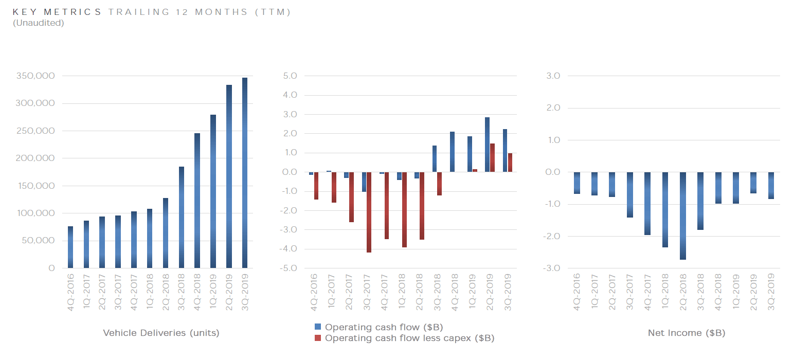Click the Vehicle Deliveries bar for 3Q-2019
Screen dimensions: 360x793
(245, 173)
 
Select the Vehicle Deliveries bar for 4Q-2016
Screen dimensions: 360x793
(70, 247)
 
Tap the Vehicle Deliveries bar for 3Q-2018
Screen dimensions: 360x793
(182, 218)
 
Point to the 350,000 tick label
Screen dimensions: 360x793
(37, 76)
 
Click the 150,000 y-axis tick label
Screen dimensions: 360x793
(37, 186)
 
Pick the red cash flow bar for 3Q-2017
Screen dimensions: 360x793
(369, 212)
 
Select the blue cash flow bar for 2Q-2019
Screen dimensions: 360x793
(487, 145)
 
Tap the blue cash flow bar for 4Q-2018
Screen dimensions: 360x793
(452, 152)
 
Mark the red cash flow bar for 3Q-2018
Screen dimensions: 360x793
(440, 184)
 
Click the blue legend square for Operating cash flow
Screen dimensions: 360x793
(318, 327)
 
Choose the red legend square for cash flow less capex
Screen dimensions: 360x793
(318, 338)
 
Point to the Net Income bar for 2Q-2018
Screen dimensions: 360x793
(682, 215)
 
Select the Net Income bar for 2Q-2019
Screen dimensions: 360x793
(753, 183)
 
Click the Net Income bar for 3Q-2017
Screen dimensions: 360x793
(630, 195)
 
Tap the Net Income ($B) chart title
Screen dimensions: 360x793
(686, 333)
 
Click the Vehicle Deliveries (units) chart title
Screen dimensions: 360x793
(161, 333)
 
